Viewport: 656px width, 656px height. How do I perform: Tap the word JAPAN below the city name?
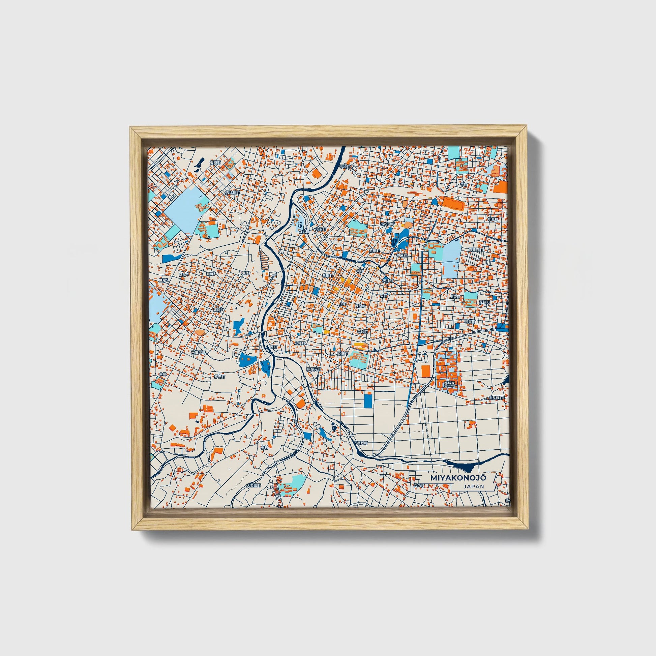473,486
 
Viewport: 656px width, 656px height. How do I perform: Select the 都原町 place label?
215,162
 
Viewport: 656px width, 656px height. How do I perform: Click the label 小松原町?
387,224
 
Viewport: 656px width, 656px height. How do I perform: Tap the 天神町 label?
387,281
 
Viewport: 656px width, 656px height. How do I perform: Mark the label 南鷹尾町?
198,353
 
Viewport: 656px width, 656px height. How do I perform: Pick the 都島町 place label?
219,377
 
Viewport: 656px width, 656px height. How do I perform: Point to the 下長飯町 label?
360,443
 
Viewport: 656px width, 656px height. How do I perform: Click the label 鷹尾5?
164,280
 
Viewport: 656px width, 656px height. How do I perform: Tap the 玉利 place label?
264,448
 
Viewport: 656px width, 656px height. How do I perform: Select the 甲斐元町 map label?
314,369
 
